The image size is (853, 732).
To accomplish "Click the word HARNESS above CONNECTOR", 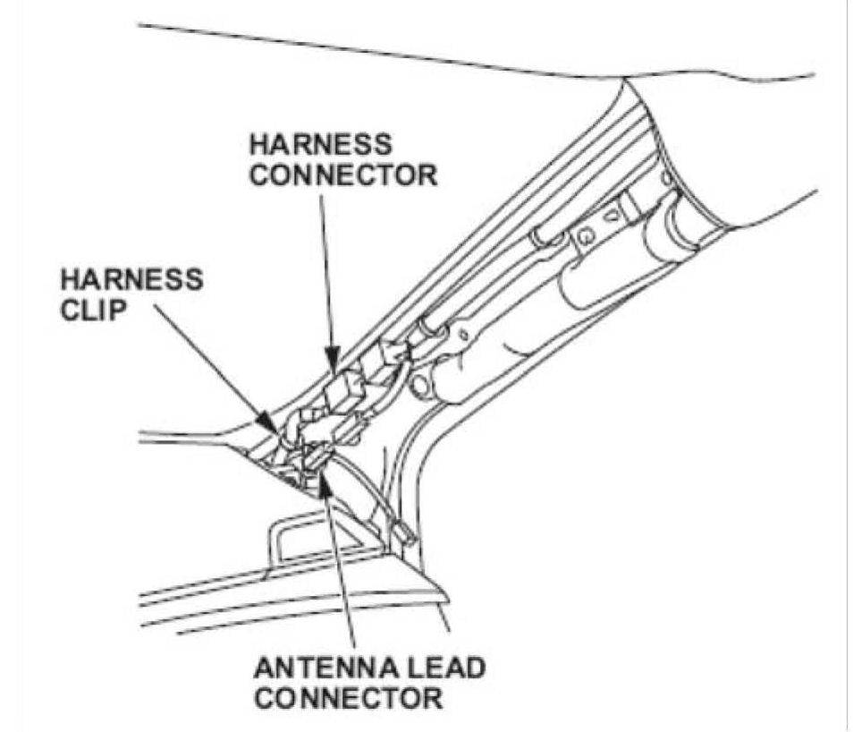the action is pos(319,144).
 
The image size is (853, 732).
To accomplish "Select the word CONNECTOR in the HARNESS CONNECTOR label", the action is pos(343,174).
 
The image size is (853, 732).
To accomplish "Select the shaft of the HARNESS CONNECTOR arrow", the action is pos(324,268).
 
